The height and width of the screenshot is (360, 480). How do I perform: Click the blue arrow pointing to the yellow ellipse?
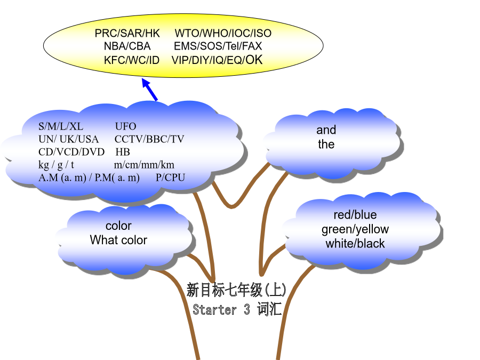pyautogui.click(x=150, y=90)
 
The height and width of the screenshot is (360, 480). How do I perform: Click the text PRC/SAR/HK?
pyautogui.click(x=127, y=33)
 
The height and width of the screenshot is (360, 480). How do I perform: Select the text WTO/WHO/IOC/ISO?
pyautogui.click(x=223, y=33)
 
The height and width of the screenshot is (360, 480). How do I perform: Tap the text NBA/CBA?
pyautogui.click(x=127, y=46)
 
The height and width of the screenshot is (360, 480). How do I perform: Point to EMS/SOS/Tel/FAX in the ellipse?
pyautogui.click(x=218, y=46)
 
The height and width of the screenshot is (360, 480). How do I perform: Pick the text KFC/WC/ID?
pyautogui.click(x=132, y=60)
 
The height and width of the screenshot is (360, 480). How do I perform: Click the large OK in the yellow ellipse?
pyautogui.click(x=254, y=59)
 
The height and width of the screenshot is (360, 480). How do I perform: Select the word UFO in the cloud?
pyautogui.click(x=125, y=126)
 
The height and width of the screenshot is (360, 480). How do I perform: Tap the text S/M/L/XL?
pyautogui.click(x=61, y=126)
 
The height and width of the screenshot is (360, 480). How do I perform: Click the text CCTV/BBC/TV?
pyautogui.click(x=149, y=139)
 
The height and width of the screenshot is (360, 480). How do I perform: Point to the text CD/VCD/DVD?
pyautogui.click(x=71, y=152)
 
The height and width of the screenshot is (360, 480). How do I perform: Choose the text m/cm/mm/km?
pyautogui.click(x=144, y=165)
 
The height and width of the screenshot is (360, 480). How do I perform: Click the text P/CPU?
pyautogui.click(x=170, y=178)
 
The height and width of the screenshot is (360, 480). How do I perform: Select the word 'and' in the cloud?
pyautogui.click(x=326, y=130)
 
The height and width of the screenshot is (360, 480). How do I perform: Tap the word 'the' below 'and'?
pyautogui.click(x=326, y=144)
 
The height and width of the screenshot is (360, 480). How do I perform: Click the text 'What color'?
pyautogui.click(x=118, y=240)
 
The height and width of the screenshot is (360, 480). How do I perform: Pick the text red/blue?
pyautogui.click(x=355, y=214)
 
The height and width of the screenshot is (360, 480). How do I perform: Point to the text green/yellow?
pyautogui.click(x=355, y=229)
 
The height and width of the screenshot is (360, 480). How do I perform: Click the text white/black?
pyautogui.click(x=355, y=244)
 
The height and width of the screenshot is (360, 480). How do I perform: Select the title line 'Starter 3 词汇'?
pyautogui.click(x=237, y=309)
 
